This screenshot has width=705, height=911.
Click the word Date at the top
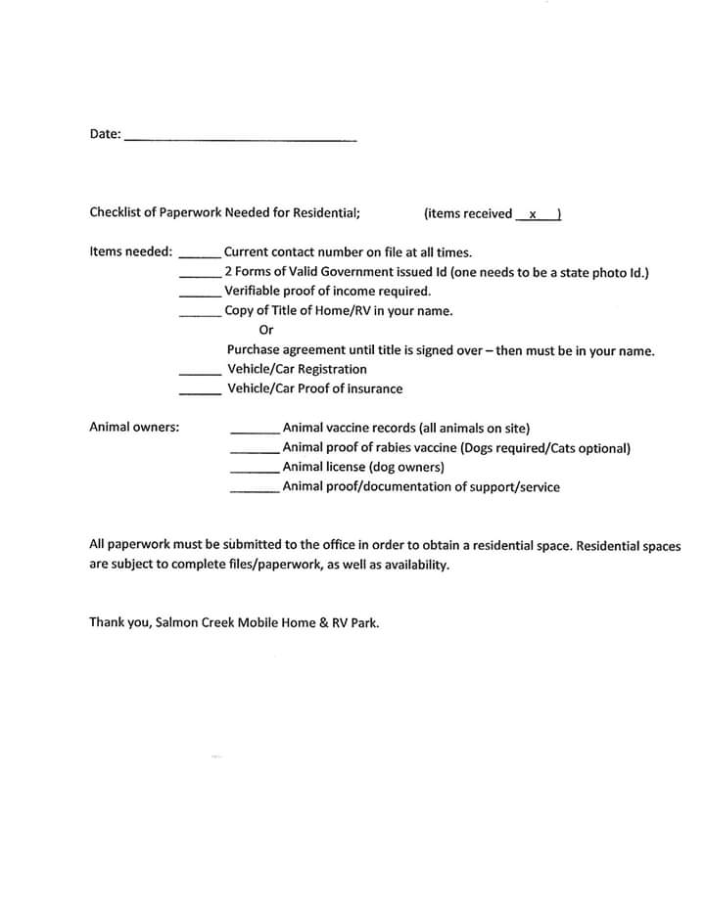(x=104, y=134)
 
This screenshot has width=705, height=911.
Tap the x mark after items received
(x=533, y=214)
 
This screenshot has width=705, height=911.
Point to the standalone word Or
(x=266, y=331)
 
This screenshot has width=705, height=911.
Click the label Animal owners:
(x=134, y=427)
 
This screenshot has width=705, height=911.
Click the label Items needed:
(x=131, y=251)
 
